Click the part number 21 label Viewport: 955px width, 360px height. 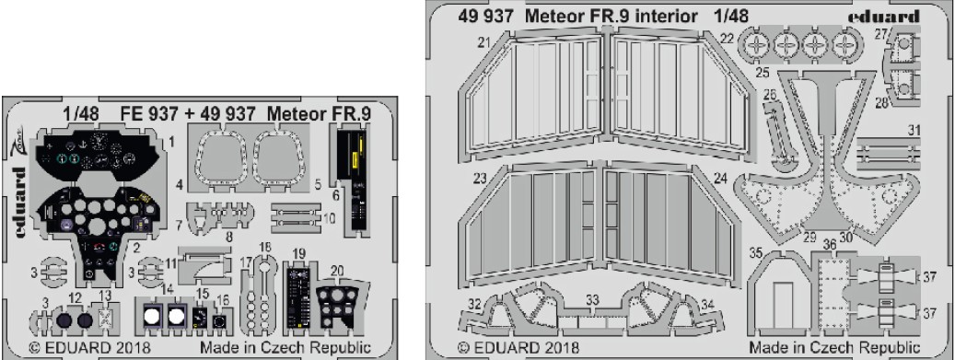tap(484, 42)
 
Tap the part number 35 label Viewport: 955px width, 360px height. tap(756, 253)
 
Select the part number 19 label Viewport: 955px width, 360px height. tap(298, 253)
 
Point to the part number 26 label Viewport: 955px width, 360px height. tap(770, 95)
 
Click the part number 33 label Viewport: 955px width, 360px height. tap(592, 300)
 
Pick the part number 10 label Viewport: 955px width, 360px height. tap(330, 217)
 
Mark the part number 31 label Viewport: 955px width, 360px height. tap(913, 130)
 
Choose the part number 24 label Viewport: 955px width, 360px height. tap(720, 180)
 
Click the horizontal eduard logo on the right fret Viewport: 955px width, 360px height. tap(884, 17)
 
